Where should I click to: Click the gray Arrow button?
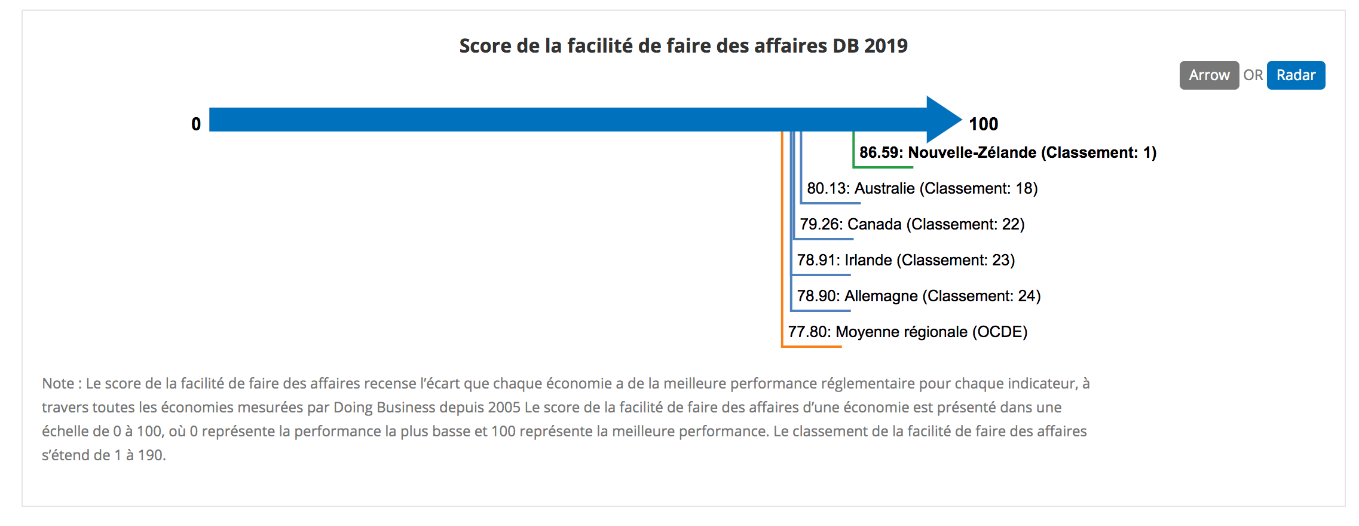[1208, 75]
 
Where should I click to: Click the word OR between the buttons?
[1253, 75]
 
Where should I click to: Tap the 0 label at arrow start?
[196, 124]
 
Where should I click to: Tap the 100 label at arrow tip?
[983, 124]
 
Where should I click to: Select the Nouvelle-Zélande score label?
[1008, 152]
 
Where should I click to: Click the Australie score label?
[922, 188]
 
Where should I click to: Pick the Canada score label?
[912, 224]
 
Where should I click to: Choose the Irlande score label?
[905, 260]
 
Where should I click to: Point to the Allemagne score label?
[919, 296]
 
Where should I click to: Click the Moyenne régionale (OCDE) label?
[907, 332]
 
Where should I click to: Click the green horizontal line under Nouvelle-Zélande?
[883, 167]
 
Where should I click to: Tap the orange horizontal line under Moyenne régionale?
[812, 346]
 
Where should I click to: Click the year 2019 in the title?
[886, 46]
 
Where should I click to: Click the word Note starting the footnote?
[58, 383]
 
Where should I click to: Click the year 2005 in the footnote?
[504, 407]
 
